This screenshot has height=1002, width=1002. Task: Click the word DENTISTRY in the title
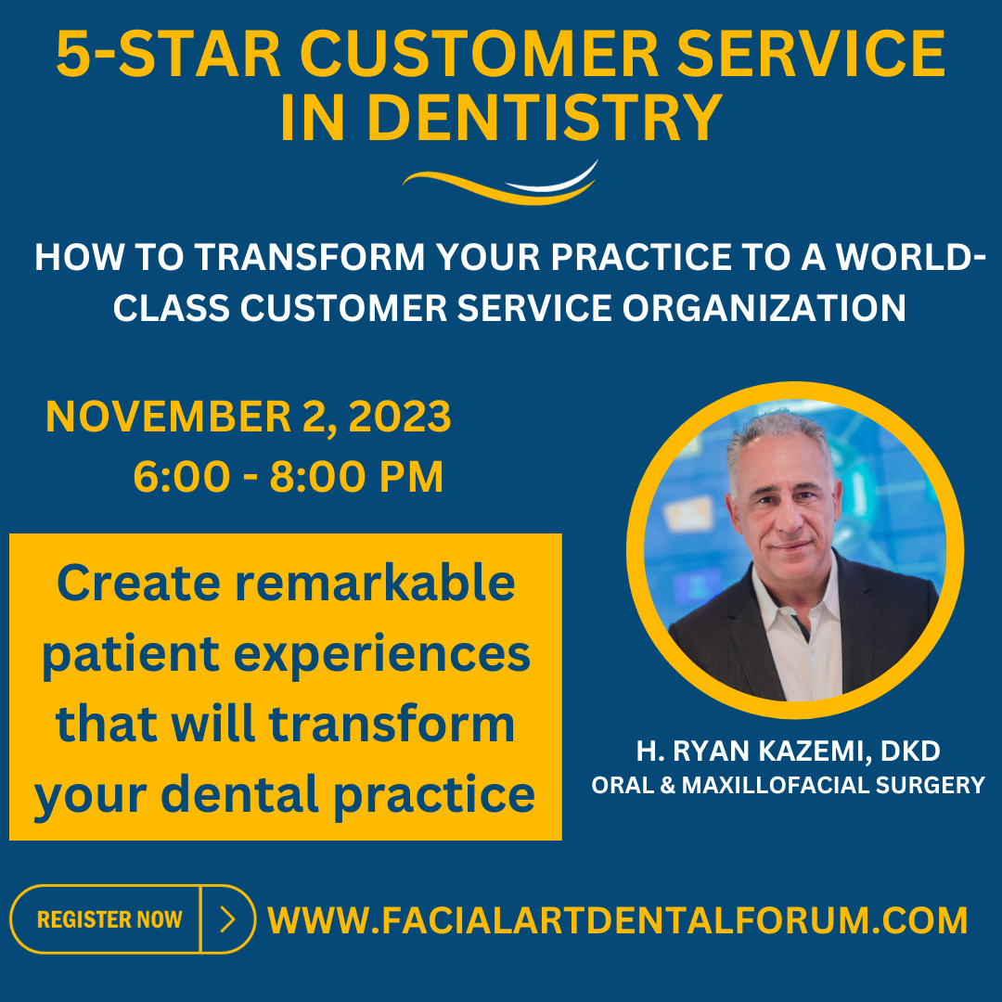[545, 118]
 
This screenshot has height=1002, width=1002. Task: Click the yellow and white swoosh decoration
[500, 183]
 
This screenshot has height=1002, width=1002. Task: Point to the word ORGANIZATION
[764, 308]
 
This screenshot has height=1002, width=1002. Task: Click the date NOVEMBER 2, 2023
[249, 417]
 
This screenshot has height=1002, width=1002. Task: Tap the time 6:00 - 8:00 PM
[289, 477]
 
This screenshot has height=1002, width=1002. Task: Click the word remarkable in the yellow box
[375, 583]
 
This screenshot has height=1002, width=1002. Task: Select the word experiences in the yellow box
[381, 656]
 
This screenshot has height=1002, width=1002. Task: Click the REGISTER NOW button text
[109, 919]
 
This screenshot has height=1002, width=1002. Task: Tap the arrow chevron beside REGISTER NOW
[228, 919]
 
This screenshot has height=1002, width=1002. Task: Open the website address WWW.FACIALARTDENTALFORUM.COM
[617, 920]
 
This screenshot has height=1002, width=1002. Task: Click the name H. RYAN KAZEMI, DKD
[788, 751]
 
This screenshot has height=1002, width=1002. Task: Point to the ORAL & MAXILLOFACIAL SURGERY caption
[788, 786]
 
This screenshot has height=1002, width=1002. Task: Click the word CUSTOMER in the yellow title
[479, 54]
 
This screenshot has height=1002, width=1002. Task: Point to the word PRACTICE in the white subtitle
[641, 257]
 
